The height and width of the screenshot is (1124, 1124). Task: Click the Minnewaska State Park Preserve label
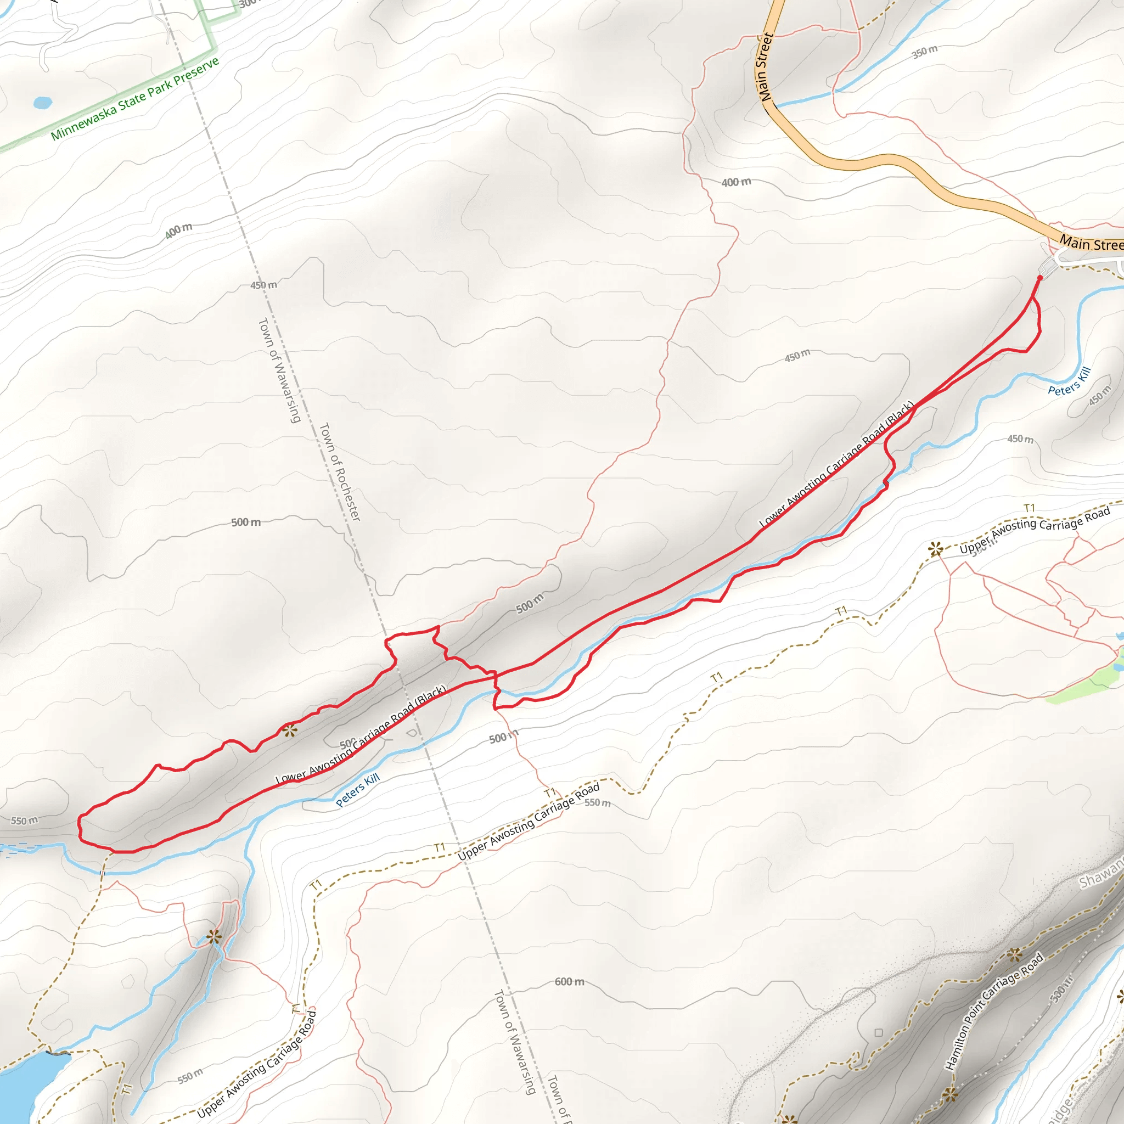tap(135, 99)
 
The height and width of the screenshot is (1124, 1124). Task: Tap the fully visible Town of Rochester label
tap(340, 472)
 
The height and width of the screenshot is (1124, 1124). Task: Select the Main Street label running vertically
tap(765, 67)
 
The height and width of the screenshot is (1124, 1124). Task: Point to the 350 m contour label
tap(924, 52)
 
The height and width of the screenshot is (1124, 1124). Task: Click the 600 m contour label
tap(569, 982)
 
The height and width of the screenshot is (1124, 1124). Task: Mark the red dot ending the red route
tap(1040, 278)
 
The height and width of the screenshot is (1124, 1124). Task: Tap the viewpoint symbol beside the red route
tap(290, 730)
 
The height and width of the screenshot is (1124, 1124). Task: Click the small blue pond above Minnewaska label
tap(42, 103)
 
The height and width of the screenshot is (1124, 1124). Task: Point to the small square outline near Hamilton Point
tap(879, 1033)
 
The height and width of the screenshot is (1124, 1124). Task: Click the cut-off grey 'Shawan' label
tap(1101, 873)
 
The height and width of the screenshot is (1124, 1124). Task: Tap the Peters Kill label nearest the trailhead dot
tap(1069, 381)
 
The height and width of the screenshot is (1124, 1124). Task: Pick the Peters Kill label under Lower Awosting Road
tap(358, 789)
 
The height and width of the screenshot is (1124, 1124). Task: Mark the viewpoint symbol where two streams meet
tap(214, 937)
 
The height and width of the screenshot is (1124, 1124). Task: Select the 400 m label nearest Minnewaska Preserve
tap(178, 231)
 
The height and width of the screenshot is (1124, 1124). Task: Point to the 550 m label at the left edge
tap(25, 821)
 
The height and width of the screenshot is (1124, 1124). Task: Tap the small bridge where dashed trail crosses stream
tap(103, 873)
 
